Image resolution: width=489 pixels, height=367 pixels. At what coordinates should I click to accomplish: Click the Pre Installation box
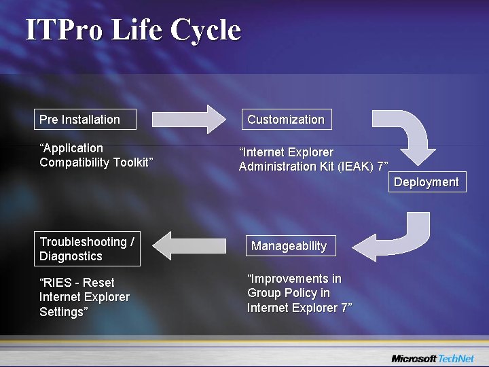tap(85, 119)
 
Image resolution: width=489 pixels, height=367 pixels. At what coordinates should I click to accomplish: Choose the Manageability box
tap(289, 245)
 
